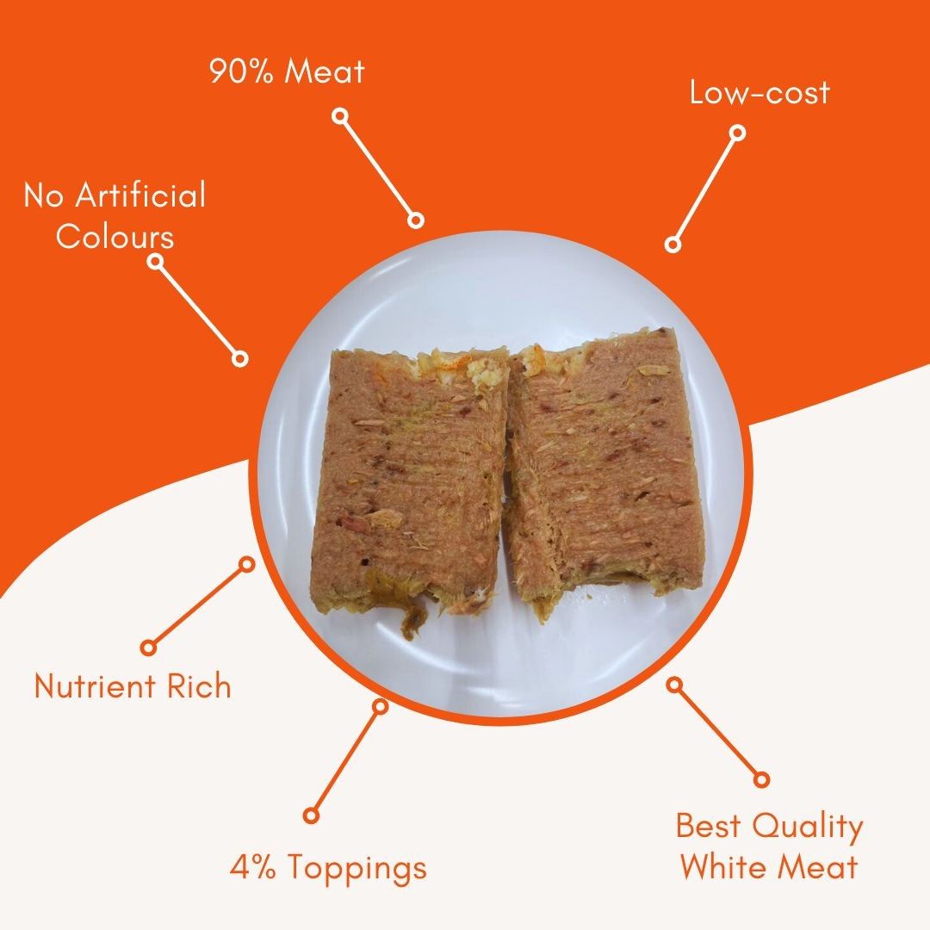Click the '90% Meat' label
click(x=287, y=71)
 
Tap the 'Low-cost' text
click(x=759, y=93)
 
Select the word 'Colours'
click(x=115, y=236)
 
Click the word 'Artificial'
click(x=140, y=195)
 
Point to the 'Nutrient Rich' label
click(x=133, y=686)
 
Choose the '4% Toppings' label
click(x=329, y=868)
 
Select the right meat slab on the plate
click(x=605, y=468)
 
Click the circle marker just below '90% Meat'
click(x=340, y=115)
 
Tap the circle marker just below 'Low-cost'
click(x=736, y=133)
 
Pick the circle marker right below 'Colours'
click(x=155, y=261)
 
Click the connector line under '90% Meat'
click(x=378, y=168)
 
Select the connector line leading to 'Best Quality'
click(x=717, y=732)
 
